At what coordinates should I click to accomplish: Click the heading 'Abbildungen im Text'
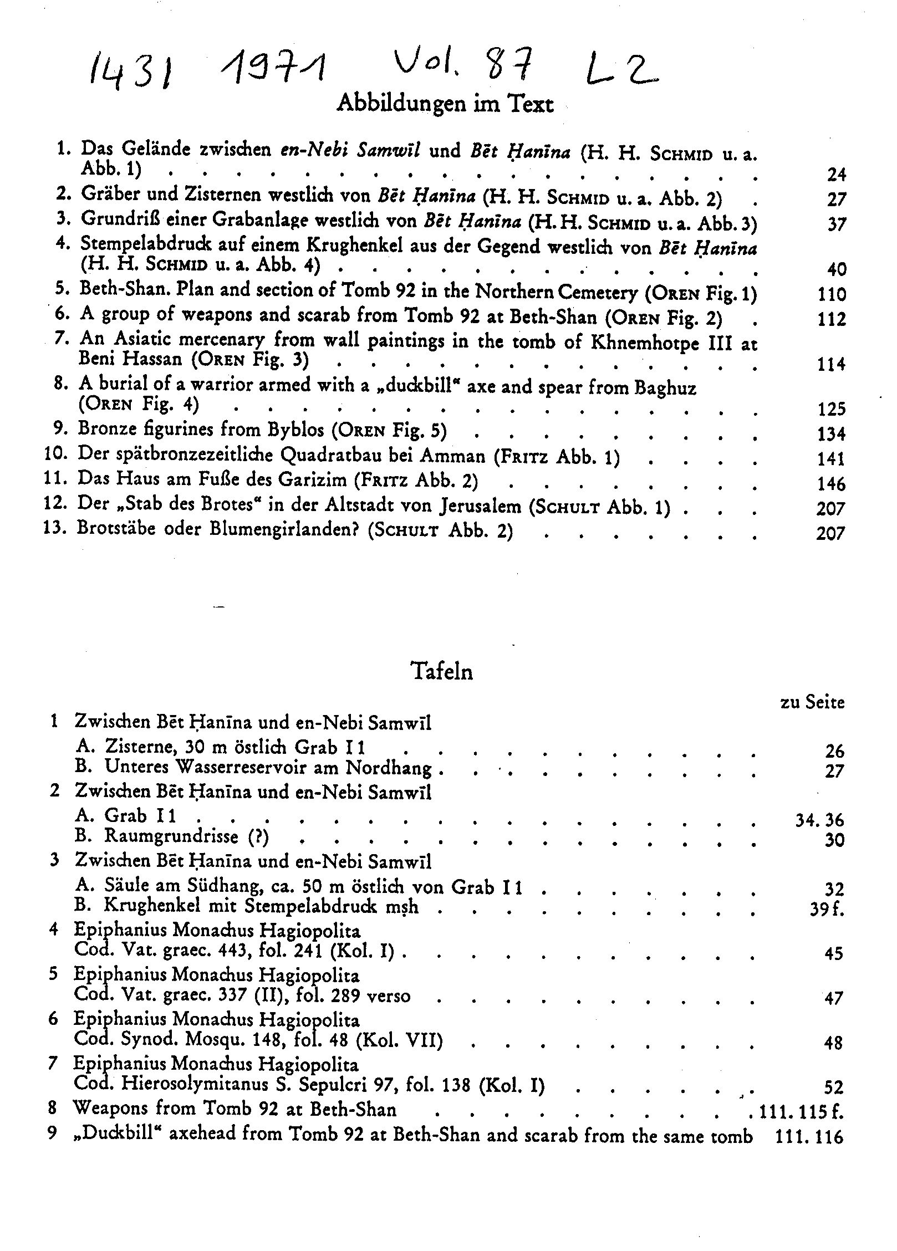[445, 104]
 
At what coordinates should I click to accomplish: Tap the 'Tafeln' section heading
[442, 671]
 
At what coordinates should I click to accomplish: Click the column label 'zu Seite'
[812, 703]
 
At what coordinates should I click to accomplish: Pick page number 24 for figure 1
[837, 175]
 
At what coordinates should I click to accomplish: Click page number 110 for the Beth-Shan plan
[832, 294]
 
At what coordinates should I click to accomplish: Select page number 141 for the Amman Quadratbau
[832, 458]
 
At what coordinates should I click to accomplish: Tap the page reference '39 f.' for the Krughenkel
[826, 909]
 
